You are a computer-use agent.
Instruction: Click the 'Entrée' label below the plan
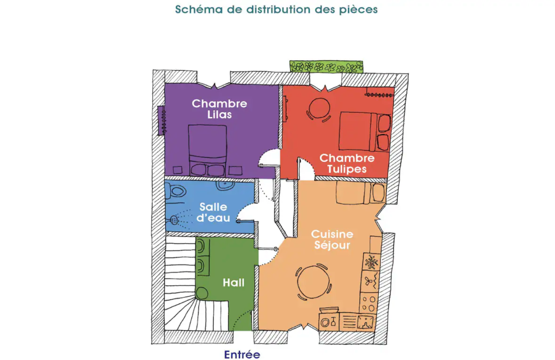point(242,355)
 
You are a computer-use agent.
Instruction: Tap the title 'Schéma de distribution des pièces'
point(276,10)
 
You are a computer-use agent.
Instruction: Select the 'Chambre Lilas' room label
point(220,109)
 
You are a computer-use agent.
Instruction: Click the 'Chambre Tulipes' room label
point(347,163)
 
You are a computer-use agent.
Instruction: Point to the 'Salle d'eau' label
point(214,212)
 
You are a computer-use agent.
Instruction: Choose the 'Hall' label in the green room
point(234,283)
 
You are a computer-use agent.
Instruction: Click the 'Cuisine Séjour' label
point(332,240)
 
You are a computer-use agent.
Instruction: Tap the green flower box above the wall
point(326,67)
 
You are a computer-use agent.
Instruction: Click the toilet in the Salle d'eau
point(176,191)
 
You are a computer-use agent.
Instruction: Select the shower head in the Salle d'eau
point(174,220)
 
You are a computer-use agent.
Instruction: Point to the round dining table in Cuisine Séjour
point(314,282)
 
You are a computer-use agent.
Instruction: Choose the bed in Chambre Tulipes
point(365,131)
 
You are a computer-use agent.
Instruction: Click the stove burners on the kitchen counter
point(368,303)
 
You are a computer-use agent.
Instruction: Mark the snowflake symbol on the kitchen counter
point(372,262)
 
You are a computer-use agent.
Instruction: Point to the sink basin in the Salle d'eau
point(225,185)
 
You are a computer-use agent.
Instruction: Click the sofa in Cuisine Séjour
point(361,193)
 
